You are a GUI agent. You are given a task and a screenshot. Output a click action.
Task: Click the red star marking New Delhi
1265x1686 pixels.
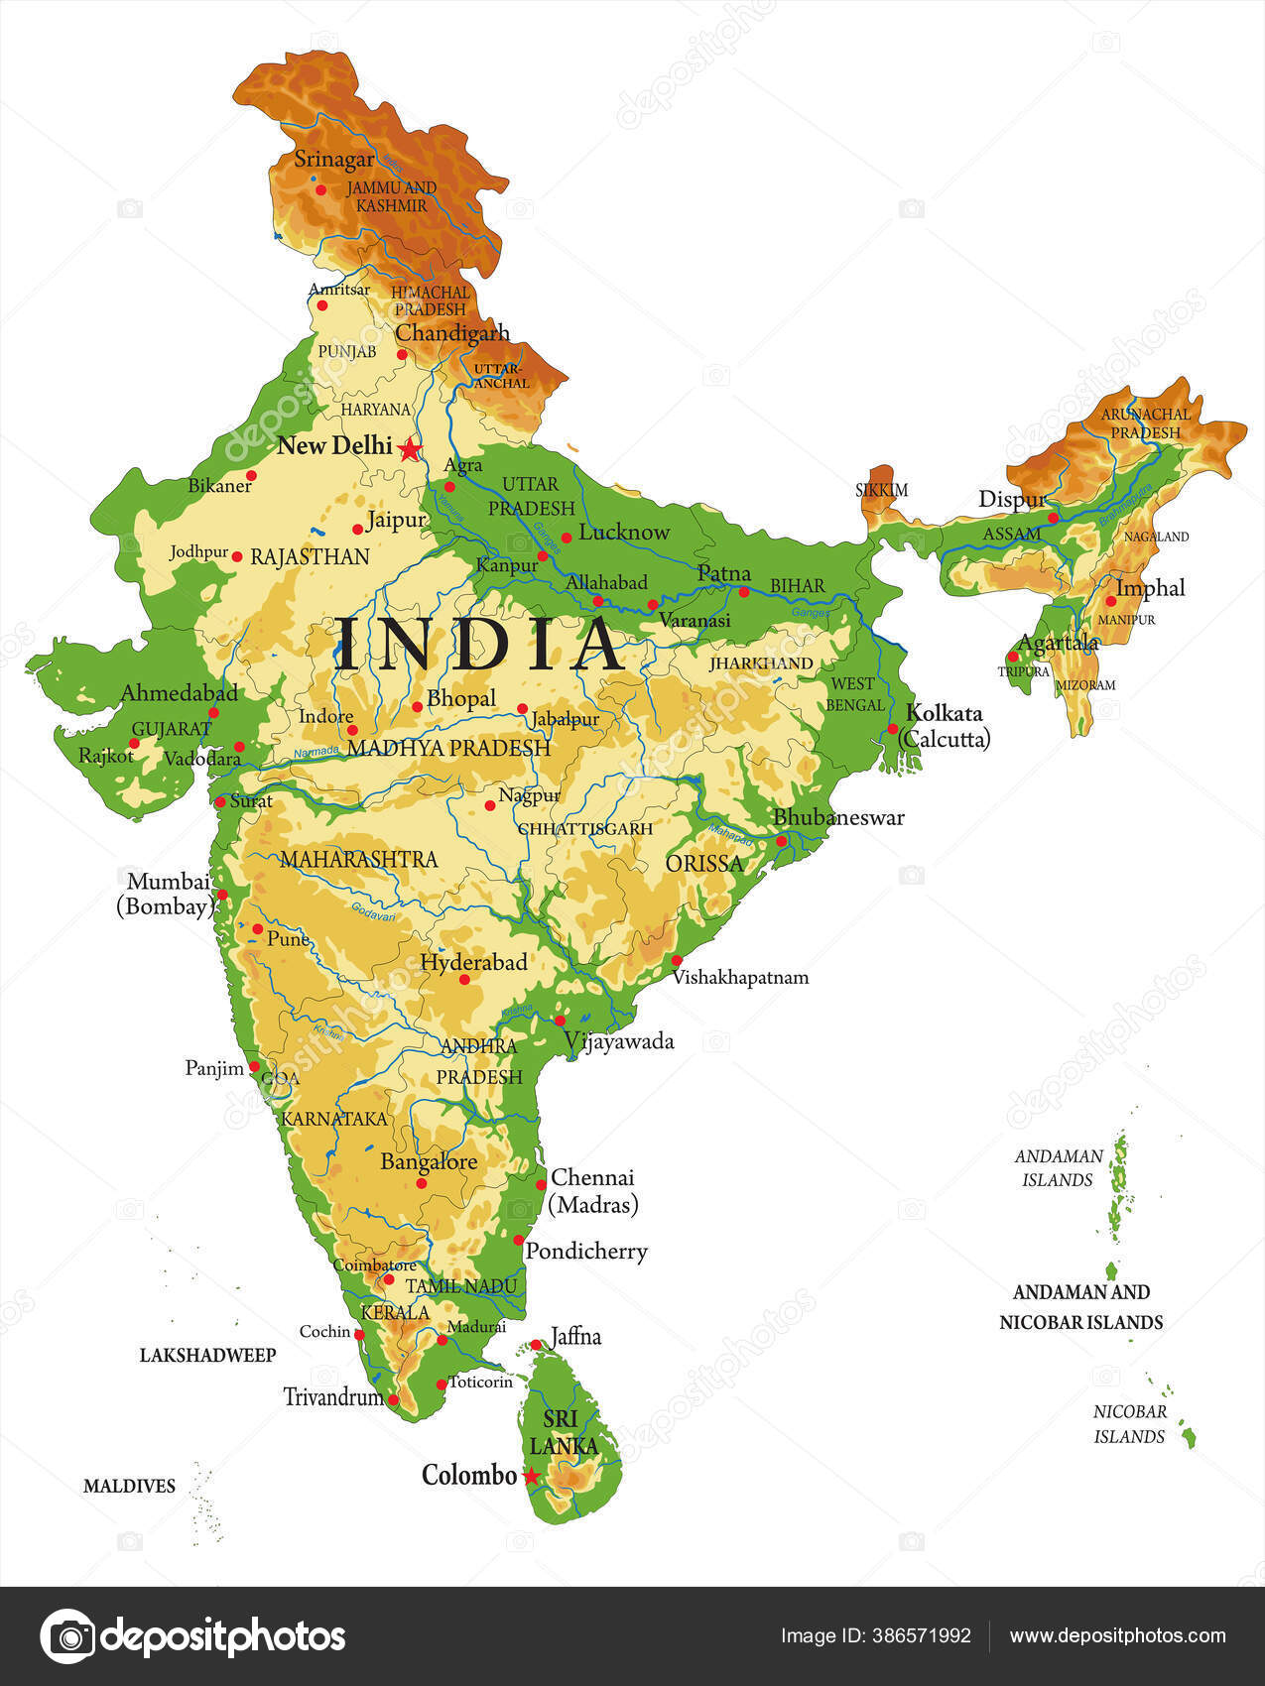[409, 450]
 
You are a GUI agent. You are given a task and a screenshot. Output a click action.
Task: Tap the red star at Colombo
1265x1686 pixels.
[532, 1476]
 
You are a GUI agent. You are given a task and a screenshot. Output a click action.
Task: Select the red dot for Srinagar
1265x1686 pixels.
[320, 189]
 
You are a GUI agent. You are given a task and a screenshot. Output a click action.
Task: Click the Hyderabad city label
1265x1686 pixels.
[473, 961]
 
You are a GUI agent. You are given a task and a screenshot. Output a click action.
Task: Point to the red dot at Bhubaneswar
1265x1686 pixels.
[782, 841]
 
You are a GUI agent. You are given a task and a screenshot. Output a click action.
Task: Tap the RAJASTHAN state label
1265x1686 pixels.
[310, 556]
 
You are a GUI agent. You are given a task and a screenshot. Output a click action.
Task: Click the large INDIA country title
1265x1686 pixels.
[479, 643]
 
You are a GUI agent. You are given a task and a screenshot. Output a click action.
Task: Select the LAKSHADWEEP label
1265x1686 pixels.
[207, 1355]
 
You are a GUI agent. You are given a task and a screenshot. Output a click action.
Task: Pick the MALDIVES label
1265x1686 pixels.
[129, 1486]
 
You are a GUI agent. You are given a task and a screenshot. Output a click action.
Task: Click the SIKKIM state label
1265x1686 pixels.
[881, 490]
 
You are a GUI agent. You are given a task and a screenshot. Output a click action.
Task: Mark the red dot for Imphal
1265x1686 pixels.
[1110, 601]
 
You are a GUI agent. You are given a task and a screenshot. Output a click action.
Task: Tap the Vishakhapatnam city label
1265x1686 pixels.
[740, 978]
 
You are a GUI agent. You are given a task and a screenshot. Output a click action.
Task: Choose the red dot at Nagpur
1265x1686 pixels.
[490, 805]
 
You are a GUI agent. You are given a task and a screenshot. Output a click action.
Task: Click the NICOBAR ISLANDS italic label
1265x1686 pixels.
[1130, 1424]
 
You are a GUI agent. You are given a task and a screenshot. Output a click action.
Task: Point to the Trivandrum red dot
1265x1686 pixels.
[393, 1399]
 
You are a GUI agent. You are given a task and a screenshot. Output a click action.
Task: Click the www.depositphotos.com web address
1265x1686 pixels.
[1117, 1635]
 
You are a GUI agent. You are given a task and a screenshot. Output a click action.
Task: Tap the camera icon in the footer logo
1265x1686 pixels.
[67, 1635]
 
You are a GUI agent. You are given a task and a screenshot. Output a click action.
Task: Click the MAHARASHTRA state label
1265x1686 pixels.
[358, 859]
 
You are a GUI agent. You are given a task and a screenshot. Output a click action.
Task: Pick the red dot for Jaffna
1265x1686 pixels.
[536, 1345]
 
